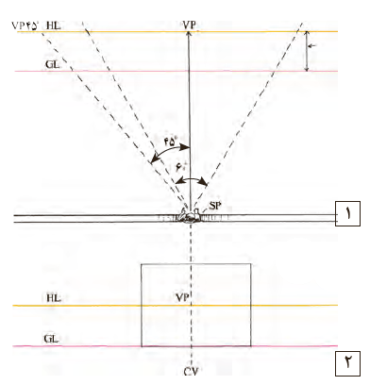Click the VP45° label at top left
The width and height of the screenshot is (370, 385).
[25, 25]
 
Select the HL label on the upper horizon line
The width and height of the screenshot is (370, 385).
[54, 25]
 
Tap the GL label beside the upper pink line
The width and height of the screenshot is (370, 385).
[52, 64]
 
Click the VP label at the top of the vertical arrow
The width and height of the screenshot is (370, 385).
[189, 25]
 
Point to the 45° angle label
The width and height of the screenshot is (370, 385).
[171, 142]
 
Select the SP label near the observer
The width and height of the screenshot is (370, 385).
[215, 206]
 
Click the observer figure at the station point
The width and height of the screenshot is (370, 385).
[190, 216]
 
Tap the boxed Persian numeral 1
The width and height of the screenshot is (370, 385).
[347, 214]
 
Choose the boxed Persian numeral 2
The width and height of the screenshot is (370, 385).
[347, 363]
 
